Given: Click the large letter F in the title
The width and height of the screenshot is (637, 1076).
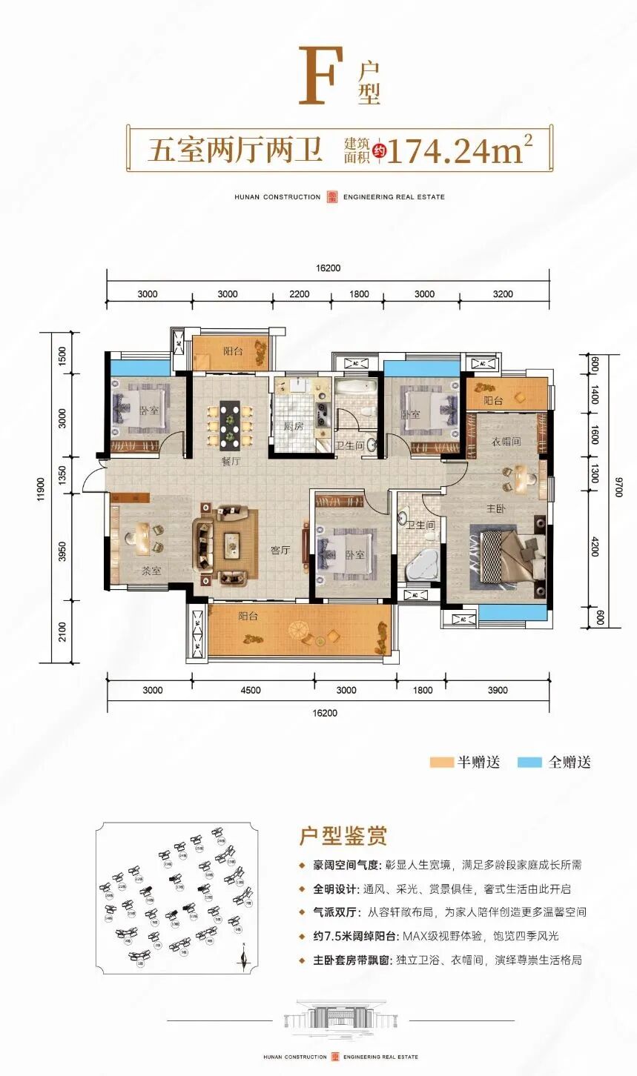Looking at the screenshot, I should pos(320,76).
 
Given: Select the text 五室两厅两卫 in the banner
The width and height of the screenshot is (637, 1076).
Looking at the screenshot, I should pos(234,150).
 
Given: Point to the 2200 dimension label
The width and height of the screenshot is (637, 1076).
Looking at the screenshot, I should pos(299,294).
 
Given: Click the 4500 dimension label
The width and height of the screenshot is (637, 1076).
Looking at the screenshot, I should pos(251,690).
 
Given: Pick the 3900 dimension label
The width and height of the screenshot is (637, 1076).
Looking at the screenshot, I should pos(498,690).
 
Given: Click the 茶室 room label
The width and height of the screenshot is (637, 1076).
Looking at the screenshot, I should pos(151,571).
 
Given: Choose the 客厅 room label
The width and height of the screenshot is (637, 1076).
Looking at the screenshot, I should pos(280,550).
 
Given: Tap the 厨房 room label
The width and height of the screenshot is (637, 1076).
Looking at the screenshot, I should pos(293,426).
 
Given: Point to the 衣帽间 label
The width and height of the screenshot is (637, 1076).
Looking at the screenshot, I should pos(506,441).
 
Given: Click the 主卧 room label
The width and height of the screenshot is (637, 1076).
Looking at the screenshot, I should pos(495,509).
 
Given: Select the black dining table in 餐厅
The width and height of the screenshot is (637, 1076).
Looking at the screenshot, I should pos(230,425).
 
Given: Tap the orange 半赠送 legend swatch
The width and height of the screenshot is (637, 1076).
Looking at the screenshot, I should pos(442,763).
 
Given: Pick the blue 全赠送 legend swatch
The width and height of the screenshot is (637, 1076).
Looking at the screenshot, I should pos(529,763).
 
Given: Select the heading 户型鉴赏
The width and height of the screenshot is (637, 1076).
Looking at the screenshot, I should pos(343,837).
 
